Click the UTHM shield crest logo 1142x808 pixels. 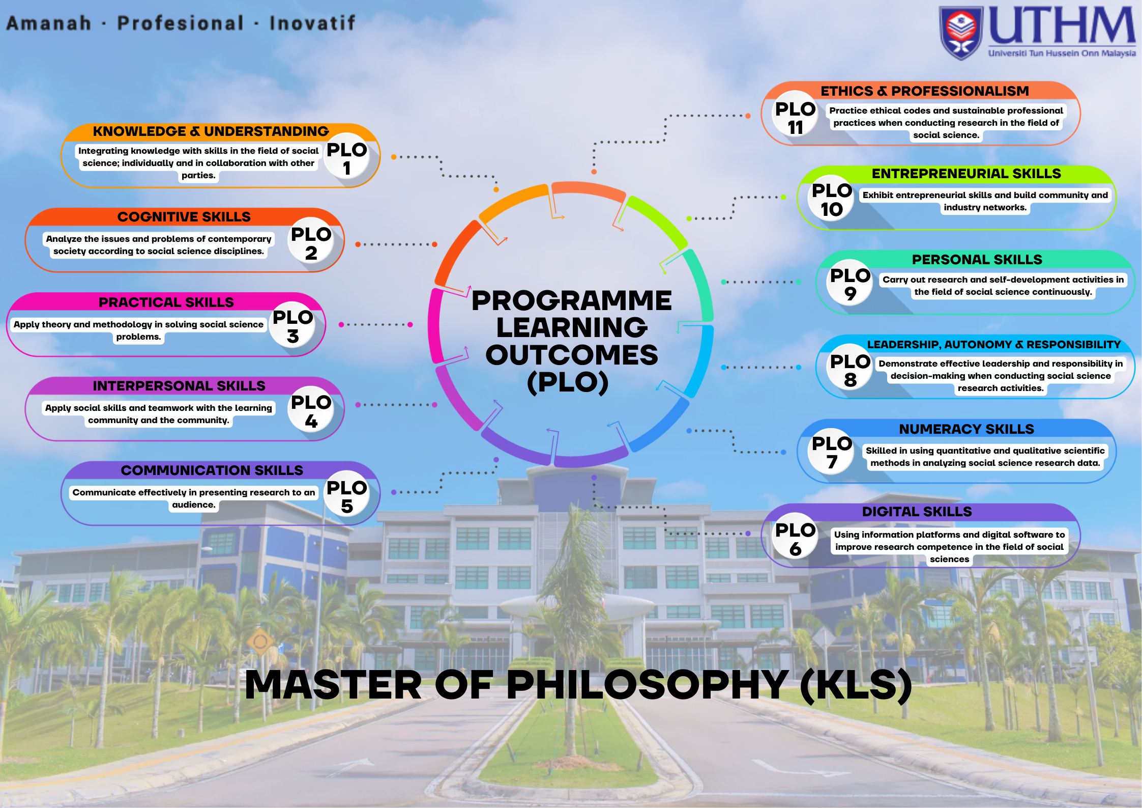click(961, 33)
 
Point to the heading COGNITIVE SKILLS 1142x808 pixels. click(184, 217)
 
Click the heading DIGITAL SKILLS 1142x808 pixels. click(917, 512)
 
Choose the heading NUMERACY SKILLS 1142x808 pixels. click(967, 429)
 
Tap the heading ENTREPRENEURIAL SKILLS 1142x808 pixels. click(967, 174)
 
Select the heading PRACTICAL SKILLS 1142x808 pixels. click(166, 302)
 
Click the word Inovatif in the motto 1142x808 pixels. click(312, 23)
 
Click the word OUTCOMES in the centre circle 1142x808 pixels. click(572, 354)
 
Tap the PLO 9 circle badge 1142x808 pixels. click(850, 283)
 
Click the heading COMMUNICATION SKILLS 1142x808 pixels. click(212, 470)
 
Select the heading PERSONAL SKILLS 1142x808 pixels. click(977, 260)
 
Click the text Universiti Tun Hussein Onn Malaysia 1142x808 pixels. click(1062, 53)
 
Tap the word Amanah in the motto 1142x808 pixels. click(49, 23)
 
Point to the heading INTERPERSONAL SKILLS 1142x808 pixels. click(179, 386)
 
